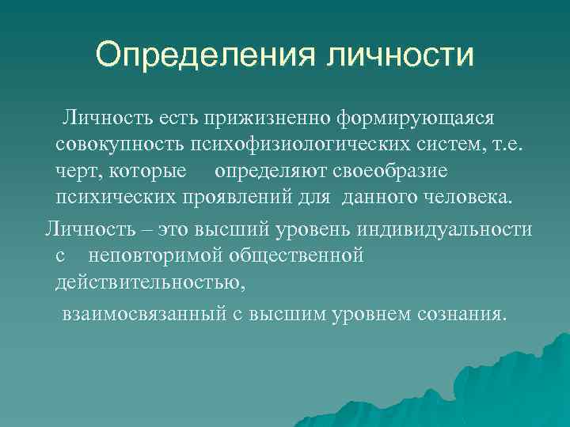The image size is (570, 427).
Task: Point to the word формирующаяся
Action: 416,118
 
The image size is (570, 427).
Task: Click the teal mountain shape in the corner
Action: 507,387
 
